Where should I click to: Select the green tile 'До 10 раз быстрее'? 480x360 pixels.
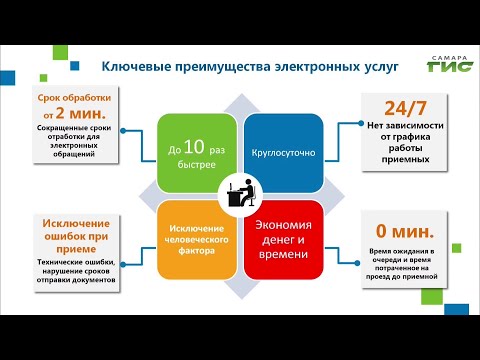[196, 153]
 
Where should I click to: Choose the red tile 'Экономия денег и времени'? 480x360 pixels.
[282, 238]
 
